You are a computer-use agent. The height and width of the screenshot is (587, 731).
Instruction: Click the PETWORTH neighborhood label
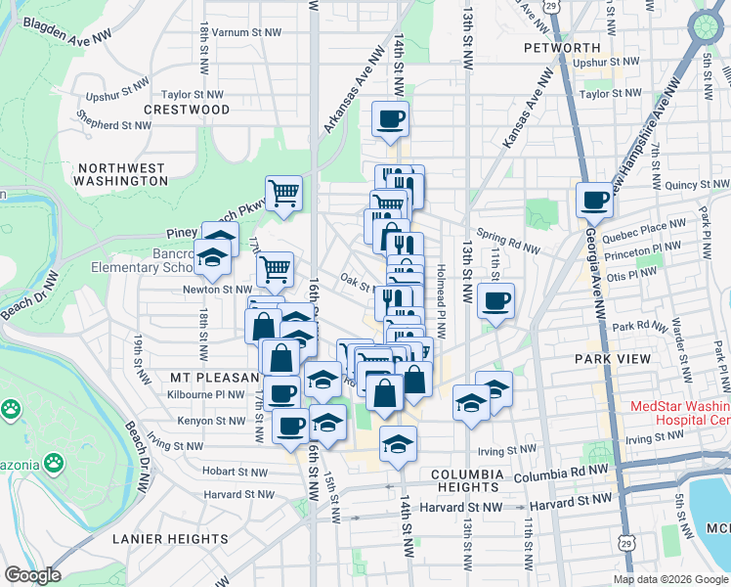[561, 47]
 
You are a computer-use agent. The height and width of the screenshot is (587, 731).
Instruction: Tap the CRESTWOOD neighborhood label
[187, 110]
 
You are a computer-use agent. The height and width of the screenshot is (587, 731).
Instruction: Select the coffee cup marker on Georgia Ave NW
[594, 202]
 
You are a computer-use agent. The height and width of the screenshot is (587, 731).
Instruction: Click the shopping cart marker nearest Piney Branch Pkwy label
[283, 193]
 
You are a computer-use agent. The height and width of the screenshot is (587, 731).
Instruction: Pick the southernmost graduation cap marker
[398, 445]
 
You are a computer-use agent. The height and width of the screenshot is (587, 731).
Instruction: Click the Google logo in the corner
[32, 575]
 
